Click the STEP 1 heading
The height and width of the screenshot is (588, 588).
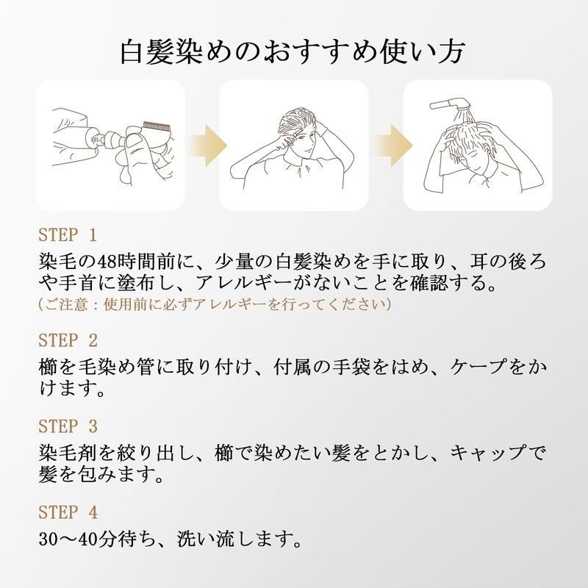click(x=68, y=235)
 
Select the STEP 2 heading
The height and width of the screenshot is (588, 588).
click(x=68, y=340)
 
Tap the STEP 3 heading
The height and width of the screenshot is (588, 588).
click(x=68, y=426)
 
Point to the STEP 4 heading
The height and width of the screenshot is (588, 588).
click(x=68, y=512)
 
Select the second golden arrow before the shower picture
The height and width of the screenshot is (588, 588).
click(x=394, y=145)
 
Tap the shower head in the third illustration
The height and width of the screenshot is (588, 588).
click(x=449, y=103)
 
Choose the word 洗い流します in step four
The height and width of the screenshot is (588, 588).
click(x=240, y=539)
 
